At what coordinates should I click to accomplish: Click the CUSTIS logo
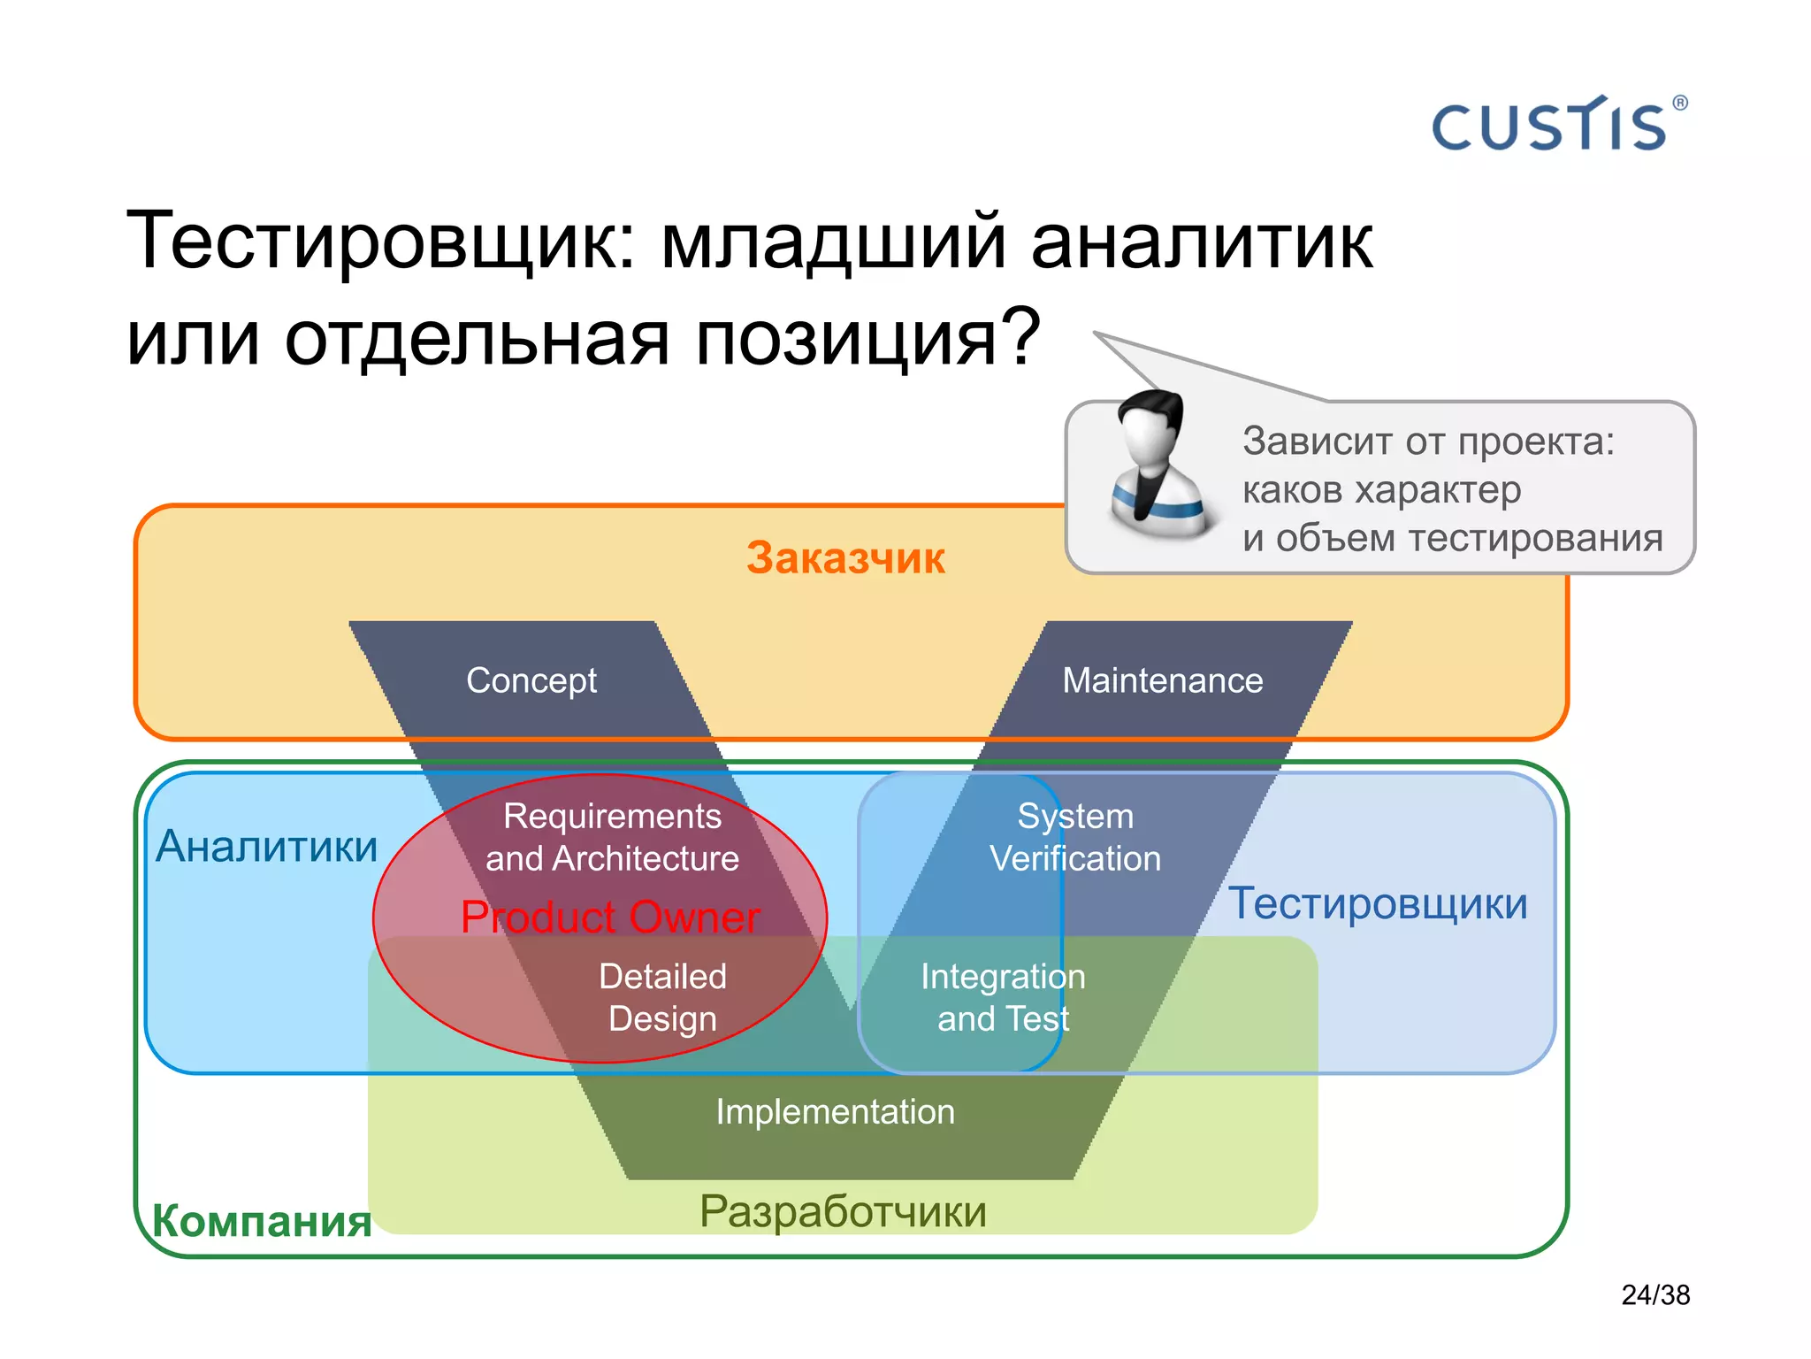[1549, 127]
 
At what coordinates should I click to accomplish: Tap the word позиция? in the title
[867, 338]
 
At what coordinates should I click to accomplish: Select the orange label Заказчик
[845, 558]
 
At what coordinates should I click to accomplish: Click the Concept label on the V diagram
[531, 680]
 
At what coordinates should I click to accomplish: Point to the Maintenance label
[1162, 680]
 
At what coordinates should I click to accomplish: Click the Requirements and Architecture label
[612, 837]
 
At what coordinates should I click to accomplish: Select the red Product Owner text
[610, 917]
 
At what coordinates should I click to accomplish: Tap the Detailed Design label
[662, 997]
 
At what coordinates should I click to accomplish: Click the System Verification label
[1075, 837]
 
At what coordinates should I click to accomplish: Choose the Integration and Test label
[1003, 997]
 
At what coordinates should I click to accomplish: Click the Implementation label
[835, 1111]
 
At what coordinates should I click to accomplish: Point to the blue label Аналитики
[266, 847]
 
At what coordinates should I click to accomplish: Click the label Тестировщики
[1378, 903]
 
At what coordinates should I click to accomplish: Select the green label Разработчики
[843, 1211]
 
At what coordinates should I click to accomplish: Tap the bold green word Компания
[262, 1221]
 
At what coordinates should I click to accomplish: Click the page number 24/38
[1655, 1294]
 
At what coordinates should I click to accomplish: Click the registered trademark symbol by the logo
[1680, 103]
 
